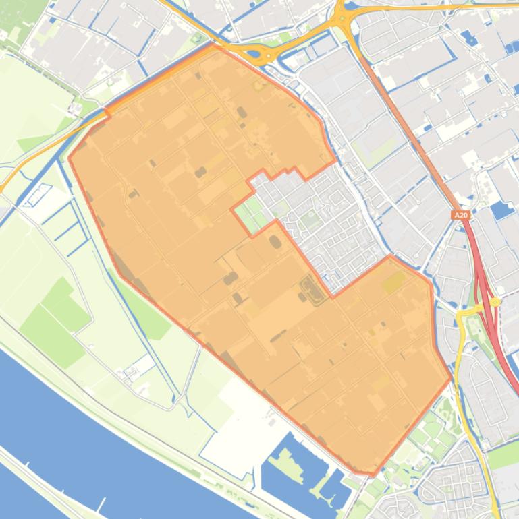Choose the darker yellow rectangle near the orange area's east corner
pos(394,282)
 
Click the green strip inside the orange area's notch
pos(251,212)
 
